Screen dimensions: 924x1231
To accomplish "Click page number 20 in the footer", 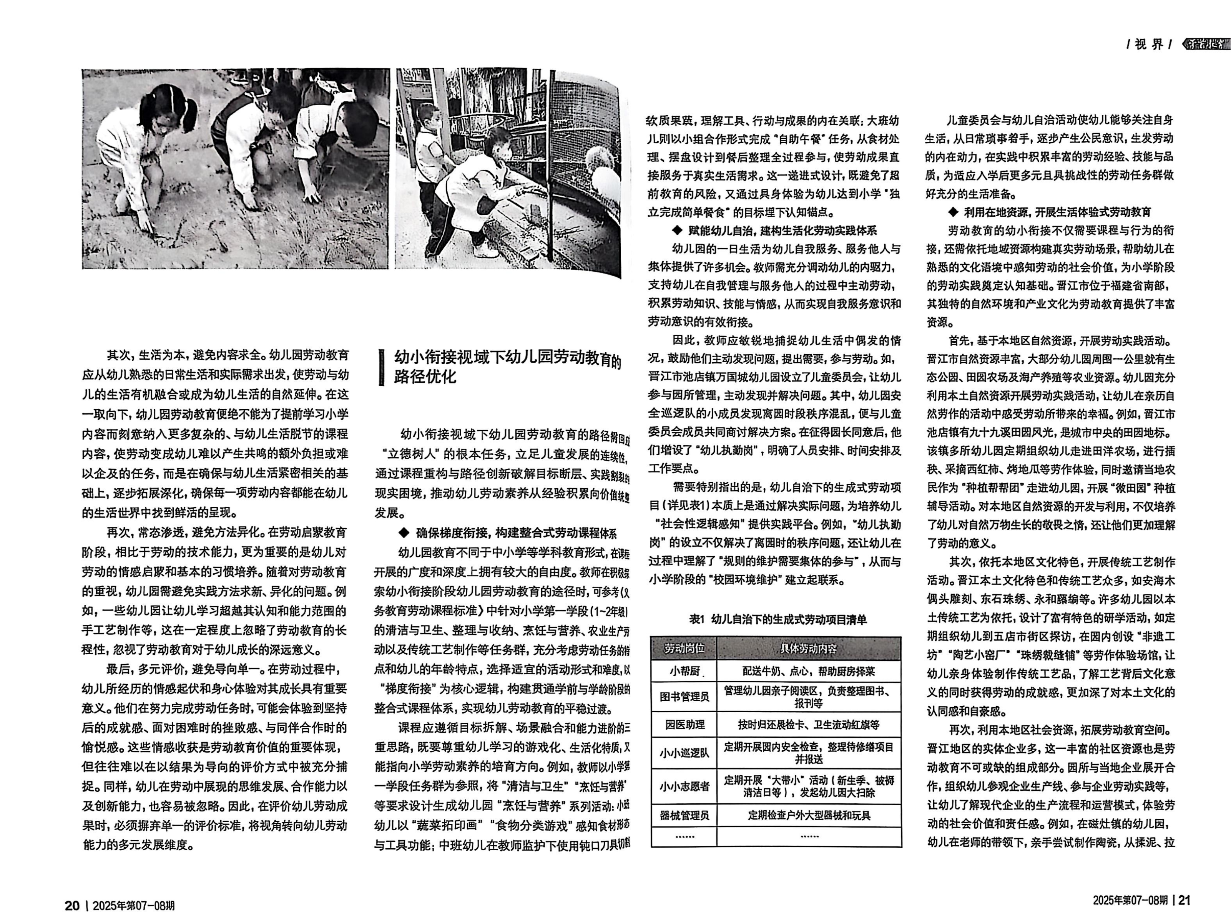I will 72,905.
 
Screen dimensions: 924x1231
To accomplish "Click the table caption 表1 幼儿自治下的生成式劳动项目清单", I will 777,619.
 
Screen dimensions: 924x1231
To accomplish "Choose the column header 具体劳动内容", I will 808,649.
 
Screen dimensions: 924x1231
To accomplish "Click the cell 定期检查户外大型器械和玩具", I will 809,816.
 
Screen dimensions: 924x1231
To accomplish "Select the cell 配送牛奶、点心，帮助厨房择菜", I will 809,672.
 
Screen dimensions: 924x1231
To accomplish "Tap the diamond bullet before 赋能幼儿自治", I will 677,230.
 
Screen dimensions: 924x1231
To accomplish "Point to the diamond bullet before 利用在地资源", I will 952,212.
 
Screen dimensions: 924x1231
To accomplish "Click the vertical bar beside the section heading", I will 381,367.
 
